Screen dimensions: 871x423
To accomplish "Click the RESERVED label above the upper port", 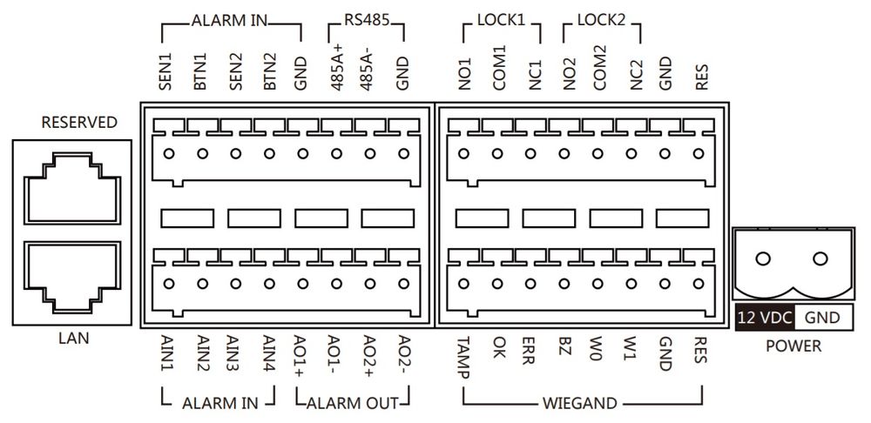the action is point(79,122).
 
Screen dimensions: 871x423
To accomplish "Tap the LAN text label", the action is point(73,338).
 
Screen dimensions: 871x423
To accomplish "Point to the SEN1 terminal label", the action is point(166,71).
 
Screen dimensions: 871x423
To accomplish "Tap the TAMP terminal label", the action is point(465,357).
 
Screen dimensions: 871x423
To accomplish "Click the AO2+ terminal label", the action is point(370,356).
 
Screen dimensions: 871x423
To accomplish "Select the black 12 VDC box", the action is point(765,318).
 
